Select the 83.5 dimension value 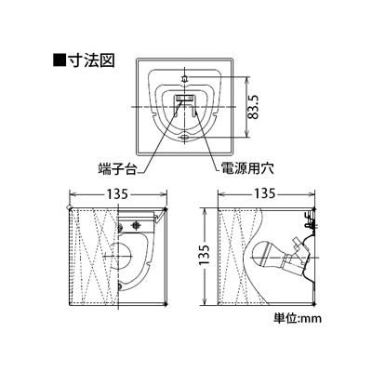(255, 107)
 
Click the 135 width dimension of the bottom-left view (117, 194)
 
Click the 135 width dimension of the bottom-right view (264, 194)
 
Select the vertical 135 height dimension (205, 255)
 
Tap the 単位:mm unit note (298, 318)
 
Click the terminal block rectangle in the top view (185, 98)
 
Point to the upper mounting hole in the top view (185, 78)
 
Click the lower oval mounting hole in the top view (185, 137)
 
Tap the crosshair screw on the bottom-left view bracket (135, 224)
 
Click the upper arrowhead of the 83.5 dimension (246, 80)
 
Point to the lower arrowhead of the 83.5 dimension (246, 134)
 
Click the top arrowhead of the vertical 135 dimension (205, 212)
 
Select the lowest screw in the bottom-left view (120, 287)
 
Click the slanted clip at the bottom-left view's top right (161, 215)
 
